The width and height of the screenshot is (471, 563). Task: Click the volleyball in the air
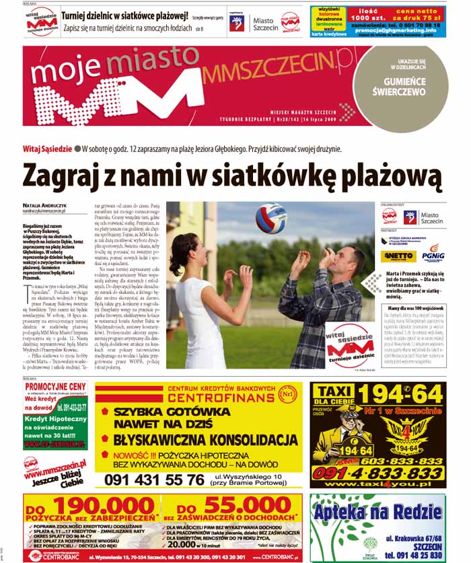270,218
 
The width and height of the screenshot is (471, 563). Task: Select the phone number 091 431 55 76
150,480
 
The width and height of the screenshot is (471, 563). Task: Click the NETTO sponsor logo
397,256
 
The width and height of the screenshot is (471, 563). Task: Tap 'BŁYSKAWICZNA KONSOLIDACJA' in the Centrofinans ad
205,439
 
